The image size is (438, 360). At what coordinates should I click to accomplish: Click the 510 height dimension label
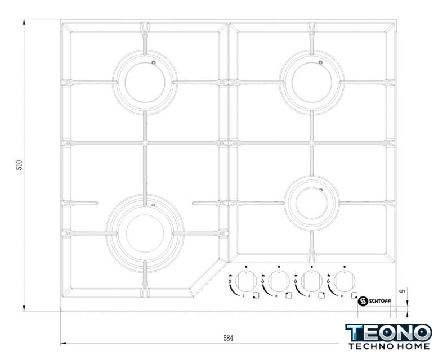tap(19, 165)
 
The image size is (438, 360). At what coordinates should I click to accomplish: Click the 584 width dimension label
tap(228, 338)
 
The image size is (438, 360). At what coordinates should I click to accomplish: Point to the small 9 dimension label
tap(403, 291)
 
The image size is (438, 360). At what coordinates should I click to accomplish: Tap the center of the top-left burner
tap(145, 82)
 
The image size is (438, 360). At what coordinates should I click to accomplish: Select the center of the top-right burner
tap(312, 82)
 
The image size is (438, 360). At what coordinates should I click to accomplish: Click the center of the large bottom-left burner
tap(145, 233)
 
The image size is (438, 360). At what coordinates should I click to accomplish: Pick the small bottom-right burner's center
tap(312, 203)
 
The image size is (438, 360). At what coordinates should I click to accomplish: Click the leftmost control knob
tap(246, 281)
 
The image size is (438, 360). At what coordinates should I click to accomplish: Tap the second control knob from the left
tap(279, 281)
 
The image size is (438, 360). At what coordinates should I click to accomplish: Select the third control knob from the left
tap(312, 281)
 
